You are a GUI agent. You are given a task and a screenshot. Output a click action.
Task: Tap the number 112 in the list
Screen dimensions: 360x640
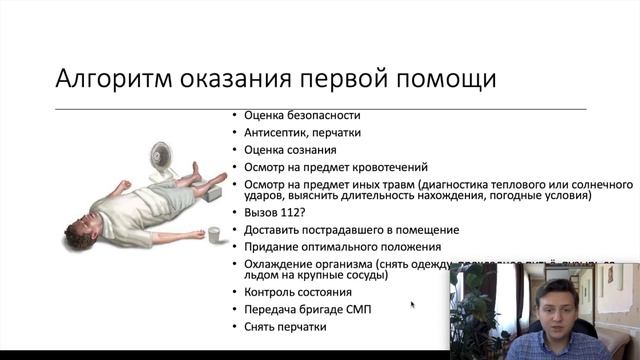point(291,213)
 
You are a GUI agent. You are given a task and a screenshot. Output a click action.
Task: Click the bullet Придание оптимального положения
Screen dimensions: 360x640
point(342,246)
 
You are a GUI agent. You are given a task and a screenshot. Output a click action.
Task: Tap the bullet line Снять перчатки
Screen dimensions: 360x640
point(285,326)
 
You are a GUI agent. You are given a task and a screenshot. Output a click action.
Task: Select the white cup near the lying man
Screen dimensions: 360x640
point(213,236)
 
